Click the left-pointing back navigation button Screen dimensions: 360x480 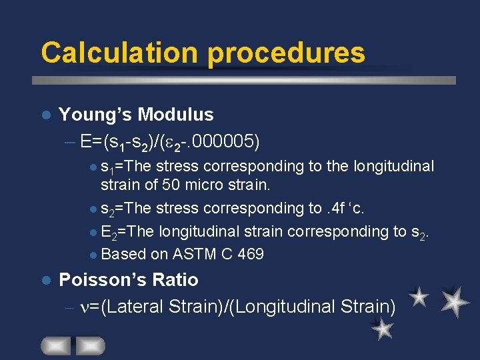[x=56, y=345]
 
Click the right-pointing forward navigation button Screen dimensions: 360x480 [x=90, y=345]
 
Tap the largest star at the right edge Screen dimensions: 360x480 [x=455, y=301]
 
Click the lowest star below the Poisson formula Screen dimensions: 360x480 [x=382, y=329]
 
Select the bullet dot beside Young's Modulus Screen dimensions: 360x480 [x=45, y=115]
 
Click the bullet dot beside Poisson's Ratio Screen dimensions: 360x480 [x=45, y=280]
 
